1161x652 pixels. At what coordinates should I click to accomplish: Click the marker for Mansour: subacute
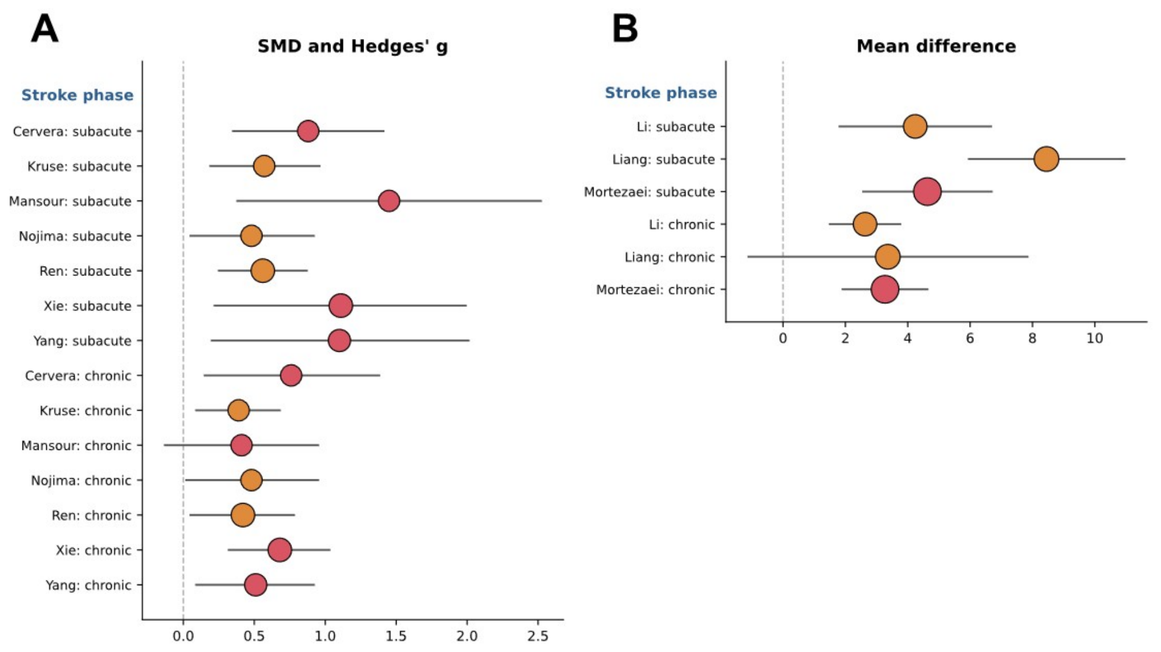point(388,201)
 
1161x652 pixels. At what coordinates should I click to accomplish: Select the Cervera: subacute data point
point(308,131)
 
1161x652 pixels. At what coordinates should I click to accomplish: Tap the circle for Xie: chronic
point(280,550)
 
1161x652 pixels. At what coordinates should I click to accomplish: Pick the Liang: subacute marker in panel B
point(1046,159)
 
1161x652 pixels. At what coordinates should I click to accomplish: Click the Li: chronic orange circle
point(865,224)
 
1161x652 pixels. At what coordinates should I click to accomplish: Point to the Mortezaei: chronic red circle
point(885,290)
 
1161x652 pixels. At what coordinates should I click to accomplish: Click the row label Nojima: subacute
point(75,236)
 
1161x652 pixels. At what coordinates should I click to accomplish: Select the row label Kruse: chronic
point(86,410)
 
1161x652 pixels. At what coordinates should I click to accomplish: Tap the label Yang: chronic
point(89,585)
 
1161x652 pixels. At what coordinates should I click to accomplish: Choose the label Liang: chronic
point(670,257)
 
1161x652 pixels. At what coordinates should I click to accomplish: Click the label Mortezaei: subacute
point(650,192)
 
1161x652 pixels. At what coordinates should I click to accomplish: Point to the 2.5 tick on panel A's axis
point(538,636)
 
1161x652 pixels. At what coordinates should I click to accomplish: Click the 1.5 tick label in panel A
point(396,636)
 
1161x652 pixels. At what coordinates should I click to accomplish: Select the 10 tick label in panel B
point(1095,338)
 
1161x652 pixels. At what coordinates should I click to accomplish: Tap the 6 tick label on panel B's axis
point(970,338)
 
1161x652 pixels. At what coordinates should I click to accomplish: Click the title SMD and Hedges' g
point(353,46)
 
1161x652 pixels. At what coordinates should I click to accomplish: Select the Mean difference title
point(936,46)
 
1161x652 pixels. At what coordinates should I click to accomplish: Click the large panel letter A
point(45,28)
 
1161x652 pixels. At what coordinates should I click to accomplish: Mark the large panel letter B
point(625,28)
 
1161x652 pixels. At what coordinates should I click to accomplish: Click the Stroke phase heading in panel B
point(661,93)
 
